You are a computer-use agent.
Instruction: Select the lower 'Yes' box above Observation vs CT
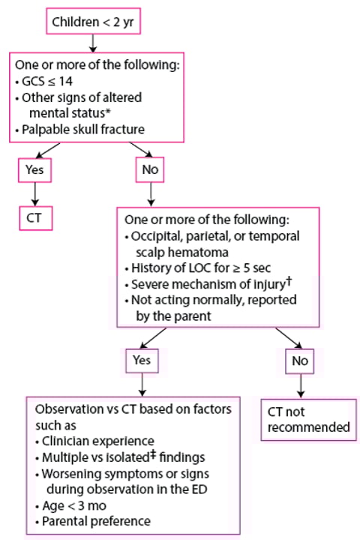click(141, 360)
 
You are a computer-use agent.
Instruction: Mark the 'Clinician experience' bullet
click(92, 442)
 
